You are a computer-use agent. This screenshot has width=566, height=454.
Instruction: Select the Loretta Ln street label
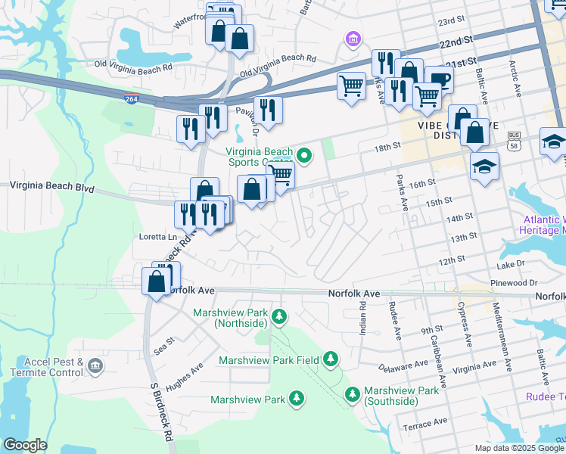158,237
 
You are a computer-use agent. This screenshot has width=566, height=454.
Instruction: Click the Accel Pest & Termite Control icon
95,367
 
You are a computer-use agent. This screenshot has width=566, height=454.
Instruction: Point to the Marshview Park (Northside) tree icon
279,316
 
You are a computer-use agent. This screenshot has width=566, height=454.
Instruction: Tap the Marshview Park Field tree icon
331,358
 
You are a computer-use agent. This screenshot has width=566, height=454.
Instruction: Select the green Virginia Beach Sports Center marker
305,157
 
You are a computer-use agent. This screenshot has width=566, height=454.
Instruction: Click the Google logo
25,445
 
